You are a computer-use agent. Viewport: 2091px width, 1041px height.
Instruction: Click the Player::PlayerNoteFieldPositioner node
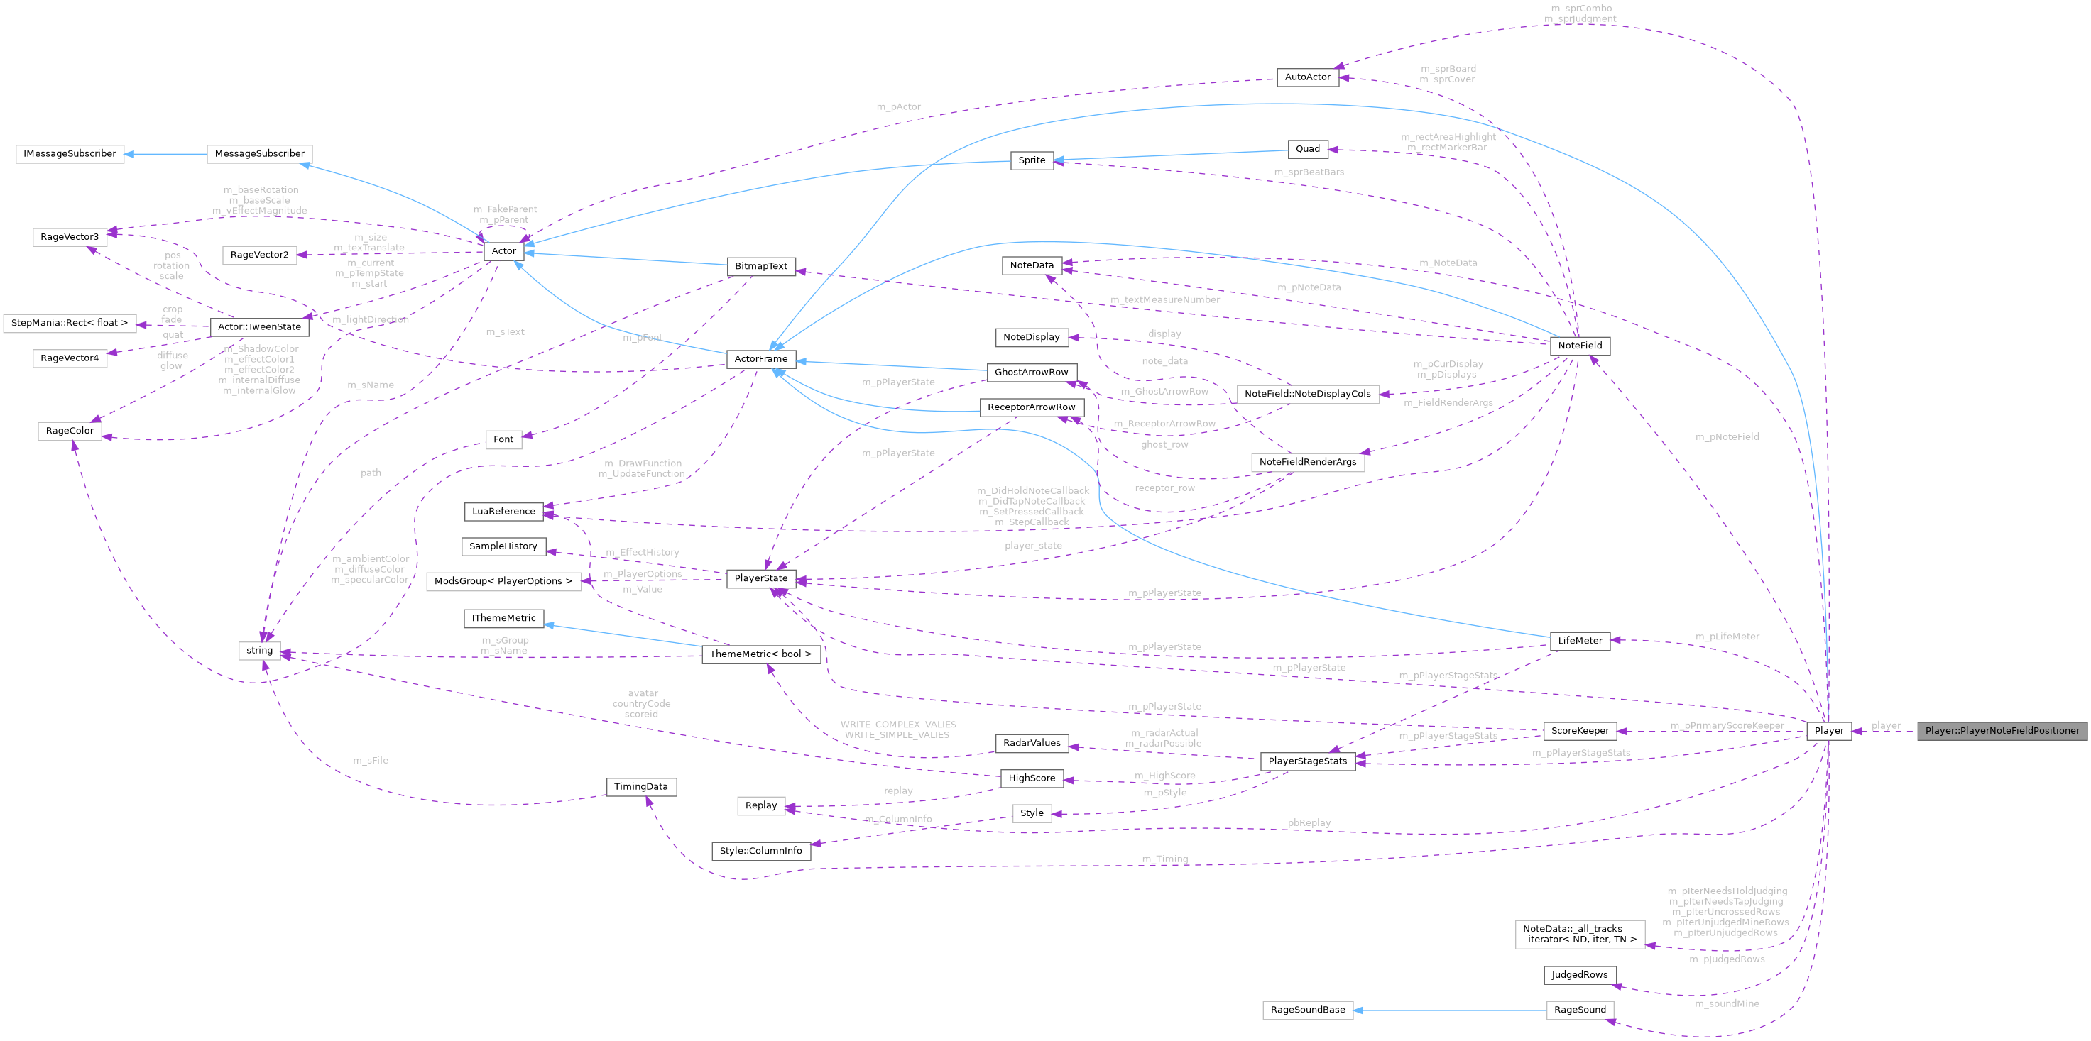tap(2002, 730)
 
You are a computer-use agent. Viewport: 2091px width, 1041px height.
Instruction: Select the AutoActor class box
tap(1308, 77)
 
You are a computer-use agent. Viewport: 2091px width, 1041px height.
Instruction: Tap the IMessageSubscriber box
tap(70, 153)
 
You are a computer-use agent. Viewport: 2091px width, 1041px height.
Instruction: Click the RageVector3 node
tap(70, 237)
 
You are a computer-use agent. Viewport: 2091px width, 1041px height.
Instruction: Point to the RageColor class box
tap(70, 431)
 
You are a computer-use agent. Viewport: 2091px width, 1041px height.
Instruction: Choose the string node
tap(260, 651)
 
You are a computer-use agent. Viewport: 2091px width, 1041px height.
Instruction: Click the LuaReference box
tap(503, 511)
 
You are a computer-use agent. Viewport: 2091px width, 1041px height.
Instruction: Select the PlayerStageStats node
tap(1307, 761)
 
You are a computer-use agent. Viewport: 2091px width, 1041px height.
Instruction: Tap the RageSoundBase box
tap(1308, 1010)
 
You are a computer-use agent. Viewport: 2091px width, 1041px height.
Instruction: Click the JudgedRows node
tap(1579, 975)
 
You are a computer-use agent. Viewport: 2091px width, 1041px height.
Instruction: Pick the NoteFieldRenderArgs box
tap(1307, 463)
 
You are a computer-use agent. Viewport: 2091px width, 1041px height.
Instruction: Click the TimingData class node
tap(640, 787)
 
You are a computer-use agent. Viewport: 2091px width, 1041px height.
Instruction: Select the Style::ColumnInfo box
tap(760, 851)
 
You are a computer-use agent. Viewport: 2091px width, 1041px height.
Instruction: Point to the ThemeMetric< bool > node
tap(760, 654)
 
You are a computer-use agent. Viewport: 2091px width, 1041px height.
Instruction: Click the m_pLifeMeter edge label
tap(1727, 637)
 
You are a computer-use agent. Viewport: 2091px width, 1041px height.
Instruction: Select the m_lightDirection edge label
tap(370, 320)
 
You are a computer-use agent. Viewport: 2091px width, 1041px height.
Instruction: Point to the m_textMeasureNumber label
tap(1165, 300)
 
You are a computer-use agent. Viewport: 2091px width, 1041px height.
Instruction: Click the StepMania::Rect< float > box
tap(70, 323)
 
